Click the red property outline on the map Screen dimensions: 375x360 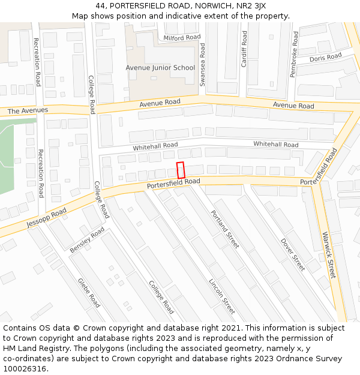181,170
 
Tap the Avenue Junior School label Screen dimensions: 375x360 160,68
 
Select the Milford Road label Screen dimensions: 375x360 182,37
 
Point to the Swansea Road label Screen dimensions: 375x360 202,64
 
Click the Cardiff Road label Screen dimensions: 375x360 244,49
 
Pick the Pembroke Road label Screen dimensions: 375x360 293,54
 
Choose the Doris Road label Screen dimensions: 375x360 325,58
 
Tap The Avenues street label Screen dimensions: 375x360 28,111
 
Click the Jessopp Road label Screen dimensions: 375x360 46,219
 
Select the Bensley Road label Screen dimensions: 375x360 87,239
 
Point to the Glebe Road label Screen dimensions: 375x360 89,292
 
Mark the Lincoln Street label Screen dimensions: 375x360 221,296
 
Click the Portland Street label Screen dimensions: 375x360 224,229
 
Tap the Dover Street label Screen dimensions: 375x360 293,254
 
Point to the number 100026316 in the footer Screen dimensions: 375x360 25,368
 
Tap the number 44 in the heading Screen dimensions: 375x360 100,6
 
